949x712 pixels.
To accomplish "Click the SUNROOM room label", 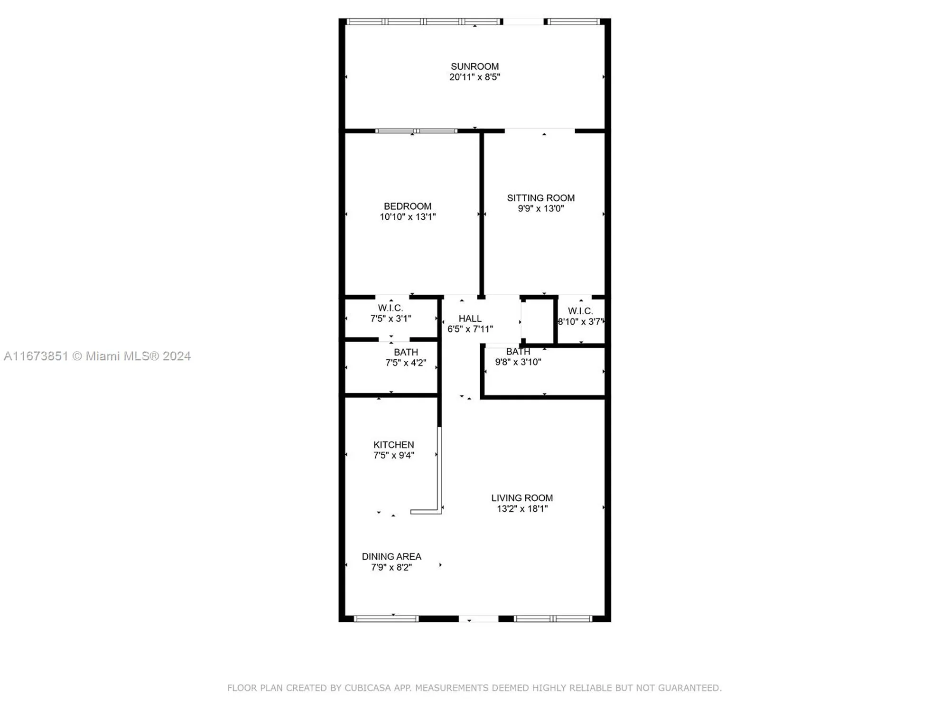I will click(x=474, y=66).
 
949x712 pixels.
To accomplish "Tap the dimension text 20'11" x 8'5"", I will click(x=474, y=77).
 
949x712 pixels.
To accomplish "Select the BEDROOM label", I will click(x=408, y=206).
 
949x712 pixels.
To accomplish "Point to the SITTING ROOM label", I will click(x=540, y=198).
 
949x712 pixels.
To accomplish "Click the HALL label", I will click(x=470, y=319).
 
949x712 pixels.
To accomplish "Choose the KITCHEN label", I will click(x=393, y=445).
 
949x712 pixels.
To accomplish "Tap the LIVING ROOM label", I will click(x=522, y=498).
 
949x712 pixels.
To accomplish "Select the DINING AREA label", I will click(x=391, y=556).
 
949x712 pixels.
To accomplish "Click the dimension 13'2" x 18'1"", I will click(x=522, y=509).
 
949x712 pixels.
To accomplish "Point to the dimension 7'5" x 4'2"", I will click(x=406, y=363).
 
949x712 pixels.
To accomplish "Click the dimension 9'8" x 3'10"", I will click(x=518, y=362).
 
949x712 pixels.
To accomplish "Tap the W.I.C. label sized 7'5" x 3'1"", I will click(x=391, y=308).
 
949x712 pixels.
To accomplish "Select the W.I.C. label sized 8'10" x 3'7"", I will click(x=580, y=311).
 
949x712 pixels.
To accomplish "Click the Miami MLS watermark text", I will click(x=97, y=356).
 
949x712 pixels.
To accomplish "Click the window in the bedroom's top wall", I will click(x=416, y=131).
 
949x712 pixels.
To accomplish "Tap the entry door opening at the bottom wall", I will click(x=478, y=618).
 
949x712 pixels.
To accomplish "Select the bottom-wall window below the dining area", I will click(x=386, y=618).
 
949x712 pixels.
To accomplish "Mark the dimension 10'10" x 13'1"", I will click(x=408, y=217).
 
